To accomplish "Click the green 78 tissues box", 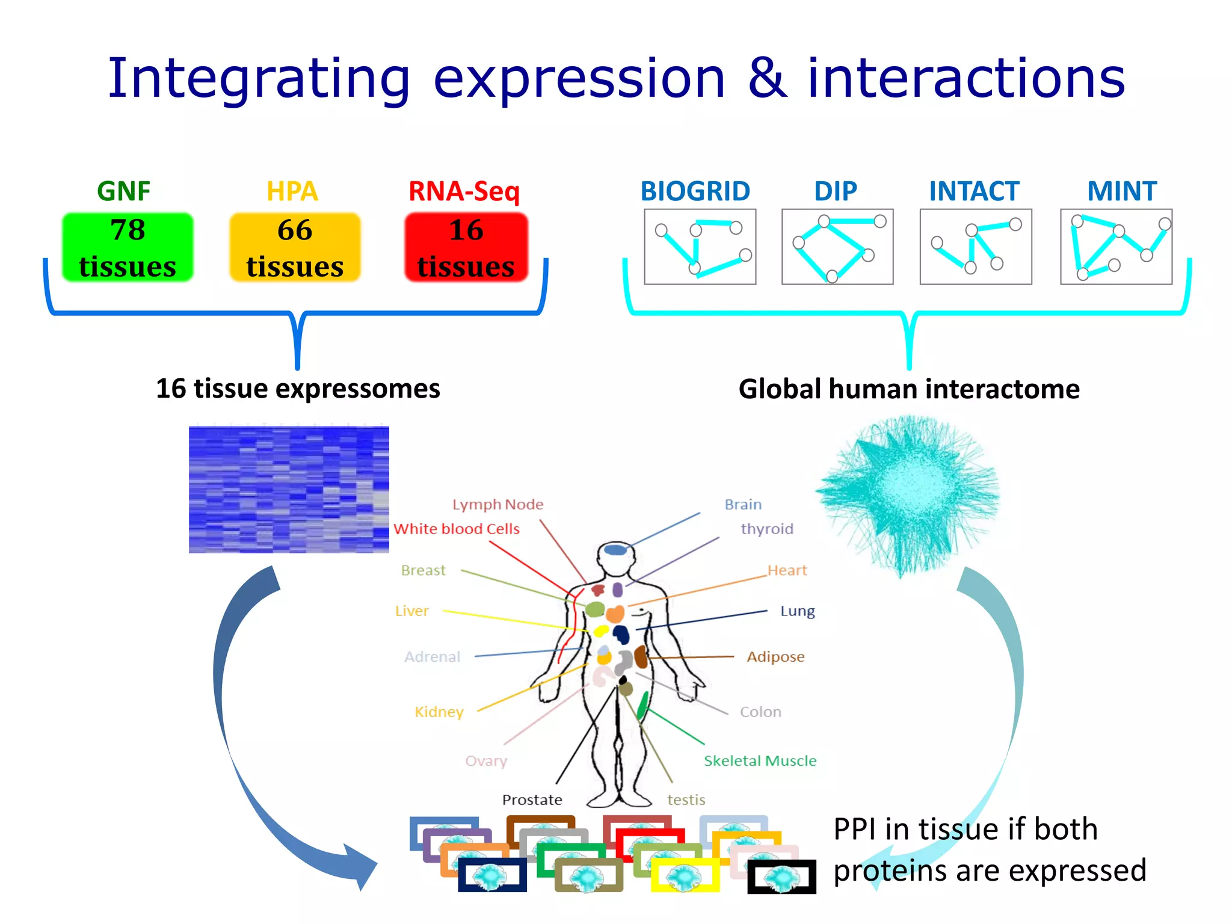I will tap(128, 247).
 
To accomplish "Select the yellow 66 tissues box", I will tap(295, 247).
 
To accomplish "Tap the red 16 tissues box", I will tap(466, 247).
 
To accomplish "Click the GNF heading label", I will tap(123, 191).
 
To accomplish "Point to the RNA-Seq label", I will tap(464, 191).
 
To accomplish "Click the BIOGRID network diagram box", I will tap(700, 247).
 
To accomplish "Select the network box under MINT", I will tap(1116, 247).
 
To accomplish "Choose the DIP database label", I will tap(835, 191).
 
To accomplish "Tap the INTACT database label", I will tap(974, 191).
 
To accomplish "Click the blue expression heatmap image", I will tap(289, 489).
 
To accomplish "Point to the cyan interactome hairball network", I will tap(908, 493).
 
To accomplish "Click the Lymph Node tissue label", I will tap(497, 504).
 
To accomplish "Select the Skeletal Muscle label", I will tap(760, 761).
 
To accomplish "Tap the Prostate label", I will tap(532, 799).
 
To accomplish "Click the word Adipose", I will tap(775, 656).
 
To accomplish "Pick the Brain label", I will tap(743, 504).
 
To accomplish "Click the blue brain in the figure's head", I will tap(615, 549).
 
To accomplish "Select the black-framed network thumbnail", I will tap(781, 877).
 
